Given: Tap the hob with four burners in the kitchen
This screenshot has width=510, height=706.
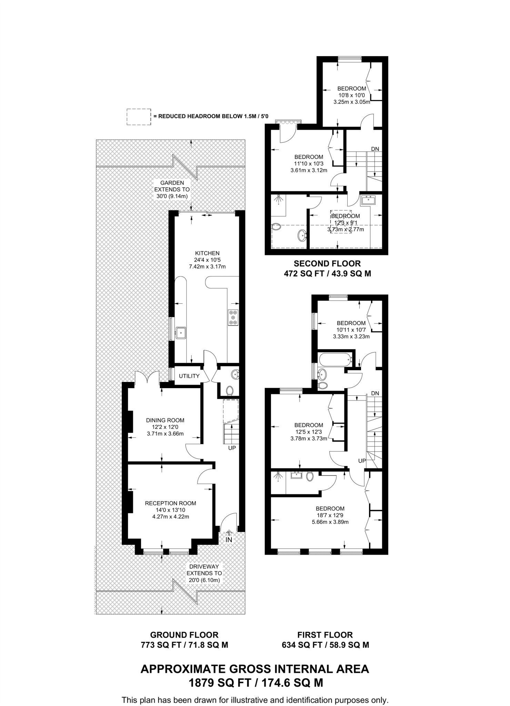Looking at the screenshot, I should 233,317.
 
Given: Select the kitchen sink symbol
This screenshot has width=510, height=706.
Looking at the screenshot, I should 181,333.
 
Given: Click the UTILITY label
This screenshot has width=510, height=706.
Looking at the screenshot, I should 189,376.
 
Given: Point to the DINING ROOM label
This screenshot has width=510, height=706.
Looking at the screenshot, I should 165,420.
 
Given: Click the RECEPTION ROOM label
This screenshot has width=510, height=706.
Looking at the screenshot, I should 170,503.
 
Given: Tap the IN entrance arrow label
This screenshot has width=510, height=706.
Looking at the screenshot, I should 229,539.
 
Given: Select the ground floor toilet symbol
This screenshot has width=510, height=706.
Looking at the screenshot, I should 230,391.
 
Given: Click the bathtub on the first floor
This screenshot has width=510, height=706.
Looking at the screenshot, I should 336,360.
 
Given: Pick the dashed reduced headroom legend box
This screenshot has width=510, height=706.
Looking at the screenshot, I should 139,117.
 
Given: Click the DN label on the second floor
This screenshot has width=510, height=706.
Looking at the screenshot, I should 375,149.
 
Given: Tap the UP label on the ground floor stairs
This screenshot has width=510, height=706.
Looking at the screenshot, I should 232,448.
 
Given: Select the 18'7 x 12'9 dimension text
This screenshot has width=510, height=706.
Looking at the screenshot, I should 330,515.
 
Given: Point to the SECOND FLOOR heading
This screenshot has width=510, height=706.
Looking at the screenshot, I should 327,264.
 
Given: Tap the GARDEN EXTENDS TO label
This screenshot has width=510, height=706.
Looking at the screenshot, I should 172,186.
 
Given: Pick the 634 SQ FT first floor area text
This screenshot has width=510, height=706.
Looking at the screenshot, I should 325,645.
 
